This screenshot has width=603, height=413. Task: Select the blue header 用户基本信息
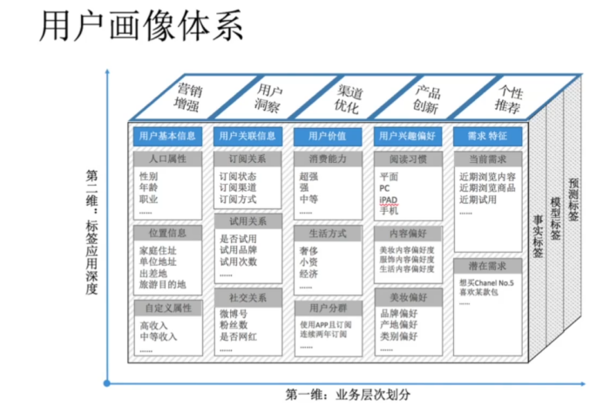pyautogui.click(x=166, y=136)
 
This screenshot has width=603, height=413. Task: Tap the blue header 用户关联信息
pyautogui.click(x=247, y=136)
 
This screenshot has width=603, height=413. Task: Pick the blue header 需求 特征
pyautogui.click(x=487, y=136)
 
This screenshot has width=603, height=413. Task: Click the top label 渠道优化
pyautogui.click(x=349, y=98)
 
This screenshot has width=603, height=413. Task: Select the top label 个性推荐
pyautogui.click(x=509, y=98)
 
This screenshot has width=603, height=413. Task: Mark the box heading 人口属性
pyautogui.click(x=167, y=159)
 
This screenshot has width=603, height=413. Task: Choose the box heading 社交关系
pyautogui.click(x=247, y=296)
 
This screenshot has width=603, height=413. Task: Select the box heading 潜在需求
pyautogui.click(x=487, y=265)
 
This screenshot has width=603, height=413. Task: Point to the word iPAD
pyautogui.click(x=389, y=200)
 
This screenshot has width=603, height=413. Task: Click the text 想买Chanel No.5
pyautogui.click(x=486, y=282)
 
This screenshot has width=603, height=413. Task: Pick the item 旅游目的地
pyautogui.click(x=163, y=284)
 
